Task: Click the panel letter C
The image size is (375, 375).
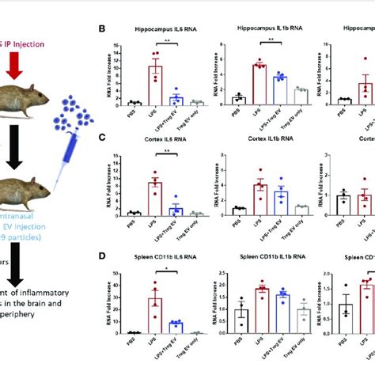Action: (x=101, y=136)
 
